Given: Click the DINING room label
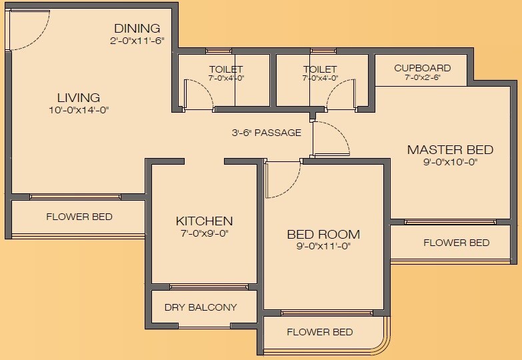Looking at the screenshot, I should (x=137, y=29).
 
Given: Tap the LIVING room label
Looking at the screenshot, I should (x=78, y=97).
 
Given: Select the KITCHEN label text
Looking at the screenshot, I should (x=204, y=221).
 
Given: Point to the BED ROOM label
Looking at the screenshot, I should (x=323, y=235).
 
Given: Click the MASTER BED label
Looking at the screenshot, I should (x=450, y=149).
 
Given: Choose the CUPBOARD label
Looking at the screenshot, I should (x=422, y=68).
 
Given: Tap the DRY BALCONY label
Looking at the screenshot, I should (x=201, y=307).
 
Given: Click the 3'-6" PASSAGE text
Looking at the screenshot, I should (x=267, y=133).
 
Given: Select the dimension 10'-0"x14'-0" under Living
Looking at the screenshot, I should (x=78, y=109).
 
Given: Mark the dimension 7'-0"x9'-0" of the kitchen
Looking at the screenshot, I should (x=204, y=233).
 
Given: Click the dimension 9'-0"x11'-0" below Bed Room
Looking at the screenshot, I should (x=323, y=246).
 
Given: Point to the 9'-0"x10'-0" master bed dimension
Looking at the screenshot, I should (x=450, y=161).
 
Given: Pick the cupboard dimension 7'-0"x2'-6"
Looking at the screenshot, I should (x=422, y=78).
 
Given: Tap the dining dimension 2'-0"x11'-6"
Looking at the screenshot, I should (x=137, y=41).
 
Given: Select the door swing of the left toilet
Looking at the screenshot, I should (x=198, y=93).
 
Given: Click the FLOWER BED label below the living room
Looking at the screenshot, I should (x=79, y=217).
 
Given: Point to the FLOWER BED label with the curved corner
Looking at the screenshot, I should (x=319, y=332).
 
